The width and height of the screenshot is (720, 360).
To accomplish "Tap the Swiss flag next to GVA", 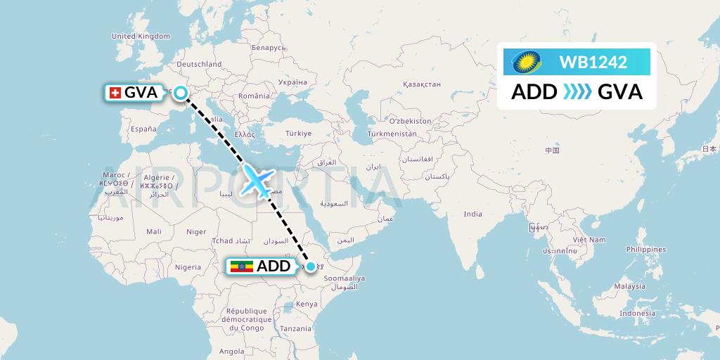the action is [114, 92].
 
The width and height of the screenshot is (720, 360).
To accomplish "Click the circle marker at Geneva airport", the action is [181, 92].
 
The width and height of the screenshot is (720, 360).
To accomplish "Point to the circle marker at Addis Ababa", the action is [310, 266].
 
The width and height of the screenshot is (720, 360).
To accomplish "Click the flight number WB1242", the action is [593, 62].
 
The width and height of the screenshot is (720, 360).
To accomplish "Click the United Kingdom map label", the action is [141, 36].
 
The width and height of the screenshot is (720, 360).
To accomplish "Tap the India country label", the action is [472, 214].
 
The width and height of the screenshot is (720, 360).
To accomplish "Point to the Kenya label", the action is [307, 304].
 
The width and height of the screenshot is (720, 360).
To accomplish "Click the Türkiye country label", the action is [298, 133].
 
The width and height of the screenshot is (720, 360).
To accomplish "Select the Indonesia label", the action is [637, 314].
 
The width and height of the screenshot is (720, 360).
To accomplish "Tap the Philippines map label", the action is [645, 249].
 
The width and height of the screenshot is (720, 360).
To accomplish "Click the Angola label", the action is [232, 351].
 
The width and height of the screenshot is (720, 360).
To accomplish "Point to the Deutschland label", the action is [199, 64].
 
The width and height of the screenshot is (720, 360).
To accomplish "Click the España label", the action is [143, 129].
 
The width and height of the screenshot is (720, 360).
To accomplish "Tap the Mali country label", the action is [153, 231].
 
